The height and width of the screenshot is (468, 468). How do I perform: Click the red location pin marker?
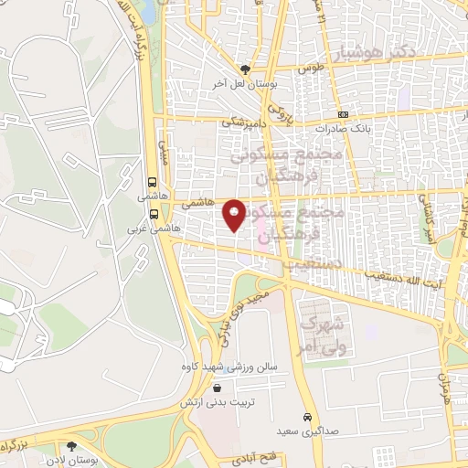click(x=235, y=216)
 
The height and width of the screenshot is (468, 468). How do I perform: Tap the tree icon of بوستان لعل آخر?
click(x=244, y=69)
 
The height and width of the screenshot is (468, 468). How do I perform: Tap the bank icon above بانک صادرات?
click(x=343, y=115)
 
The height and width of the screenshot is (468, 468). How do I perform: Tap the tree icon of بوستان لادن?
click(x=71, y=446)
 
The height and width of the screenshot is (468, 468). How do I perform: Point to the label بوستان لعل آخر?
click(x=245, y=82)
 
